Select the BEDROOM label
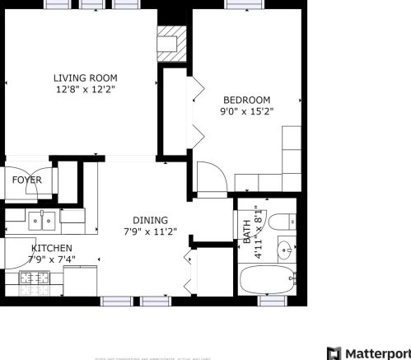(x=246, y=100)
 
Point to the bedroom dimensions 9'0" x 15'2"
(x=246, y=111)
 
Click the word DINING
(x=151, y=220)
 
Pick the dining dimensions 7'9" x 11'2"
(x=151, y=231)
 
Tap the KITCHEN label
(x=51, y=248)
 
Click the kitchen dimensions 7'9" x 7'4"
(x=51, y=259)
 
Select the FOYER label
(x=26, y=180)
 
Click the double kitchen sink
(x=42, y=220)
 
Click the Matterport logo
(x=367, y=353)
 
